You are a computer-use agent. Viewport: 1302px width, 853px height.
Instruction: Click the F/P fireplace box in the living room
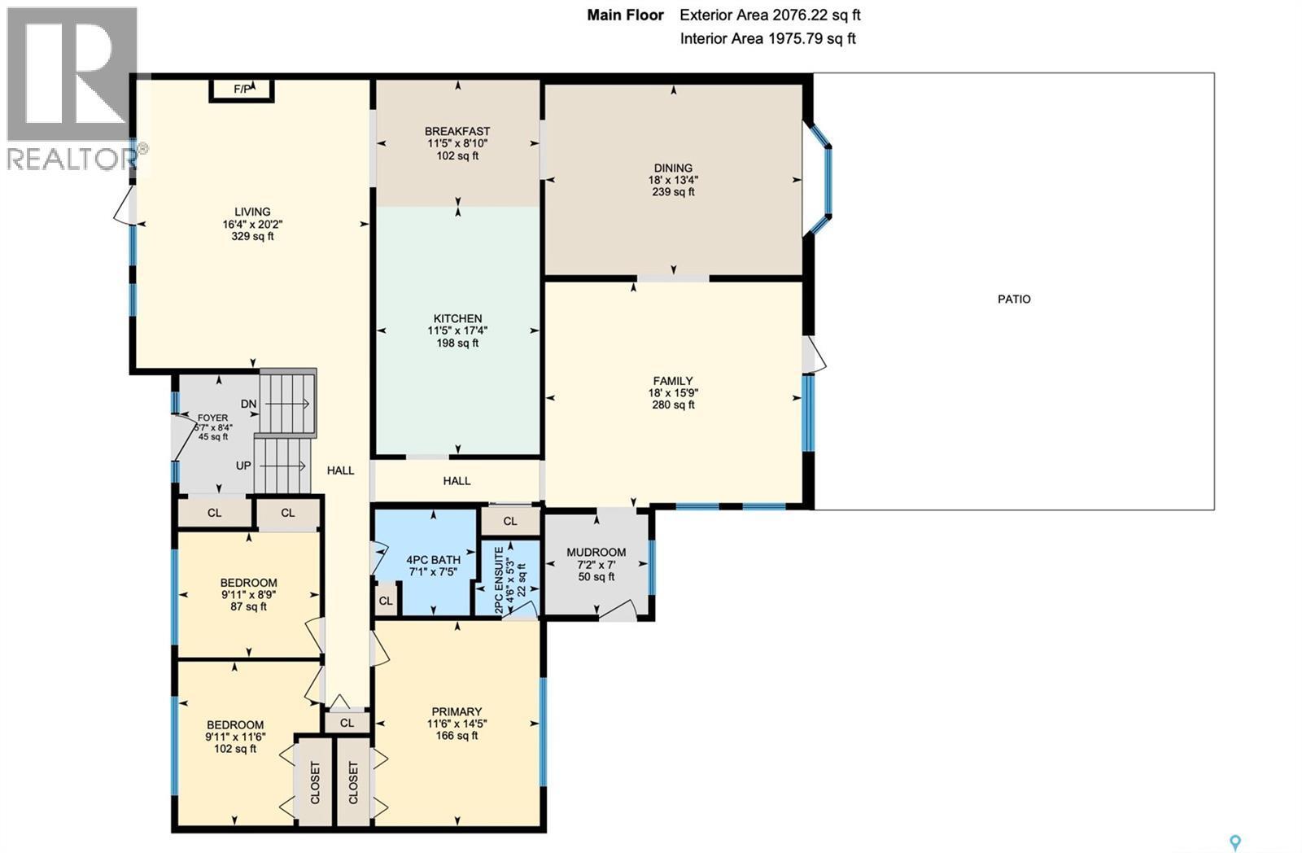pos(242,89)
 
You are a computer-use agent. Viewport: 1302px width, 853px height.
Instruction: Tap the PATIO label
pos(1014,300)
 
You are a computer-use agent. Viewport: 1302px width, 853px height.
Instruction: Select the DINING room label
pos(673,168)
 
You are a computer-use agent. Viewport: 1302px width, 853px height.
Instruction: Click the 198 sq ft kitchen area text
pos(457,343)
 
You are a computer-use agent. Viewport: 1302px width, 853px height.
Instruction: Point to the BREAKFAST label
pos(457,131)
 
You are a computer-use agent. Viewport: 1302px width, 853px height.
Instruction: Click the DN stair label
pos(249,404)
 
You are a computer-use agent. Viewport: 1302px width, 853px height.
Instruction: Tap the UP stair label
pos(243,466)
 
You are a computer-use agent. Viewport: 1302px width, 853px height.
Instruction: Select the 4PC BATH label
pos(433,560)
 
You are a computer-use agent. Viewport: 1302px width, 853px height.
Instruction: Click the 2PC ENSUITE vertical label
pos(499,580)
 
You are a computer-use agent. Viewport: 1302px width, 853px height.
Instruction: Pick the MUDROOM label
pos(596,553)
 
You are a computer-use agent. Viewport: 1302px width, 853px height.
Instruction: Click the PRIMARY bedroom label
pos(457,711)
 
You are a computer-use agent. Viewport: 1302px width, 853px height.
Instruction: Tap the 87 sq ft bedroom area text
pos(248,606)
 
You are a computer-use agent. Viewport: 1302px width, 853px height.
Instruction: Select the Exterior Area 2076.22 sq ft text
pos(781,15)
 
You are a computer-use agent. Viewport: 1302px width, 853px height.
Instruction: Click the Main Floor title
pos(625,15)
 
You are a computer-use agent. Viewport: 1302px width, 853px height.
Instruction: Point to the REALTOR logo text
pos(72,159)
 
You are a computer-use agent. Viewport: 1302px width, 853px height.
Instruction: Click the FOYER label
pos(213,418)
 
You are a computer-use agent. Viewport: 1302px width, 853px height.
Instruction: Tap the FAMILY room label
pos(673,381)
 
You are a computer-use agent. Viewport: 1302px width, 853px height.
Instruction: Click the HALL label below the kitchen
pos(457,481)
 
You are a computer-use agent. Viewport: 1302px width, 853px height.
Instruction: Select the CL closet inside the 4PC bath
pos(386,601)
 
